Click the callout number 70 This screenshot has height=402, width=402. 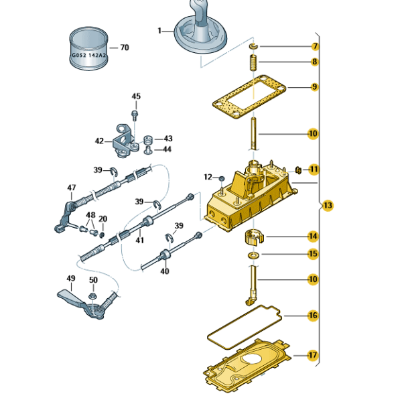pos(124,48)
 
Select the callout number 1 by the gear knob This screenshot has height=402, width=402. pos(160,31)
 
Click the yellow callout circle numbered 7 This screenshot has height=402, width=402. pos(314,46)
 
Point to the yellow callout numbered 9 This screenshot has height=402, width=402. pos(314,86)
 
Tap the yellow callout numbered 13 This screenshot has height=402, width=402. pos(327,204)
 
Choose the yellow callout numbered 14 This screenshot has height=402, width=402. pos(313,236)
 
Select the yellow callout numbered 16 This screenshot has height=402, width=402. pos(313,315)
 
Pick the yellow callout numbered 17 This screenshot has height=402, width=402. pos(313,354)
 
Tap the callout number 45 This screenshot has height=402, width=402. pos(136,96)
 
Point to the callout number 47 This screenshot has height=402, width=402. pos(72,188)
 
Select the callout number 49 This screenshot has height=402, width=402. pos(71,278)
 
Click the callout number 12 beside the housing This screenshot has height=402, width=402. pos(208,176)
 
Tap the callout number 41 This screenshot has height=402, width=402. pos(140,240)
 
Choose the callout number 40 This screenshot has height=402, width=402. pos(165,271)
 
